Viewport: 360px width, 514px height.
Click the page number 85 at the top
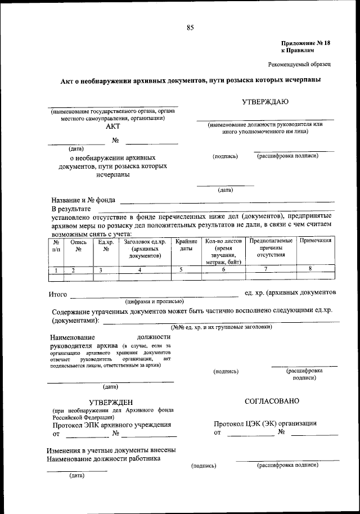(x=190, y=26)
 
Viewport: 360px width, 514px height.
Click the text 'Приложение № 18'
(x=306, y=43)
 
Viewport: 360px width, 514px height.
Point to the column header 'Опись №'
(x=79, y=245)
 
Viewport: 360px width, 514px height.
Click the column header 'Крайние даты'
(x=186, y=245)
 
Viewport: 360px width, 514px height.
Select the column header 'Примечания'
(x=315, y=241)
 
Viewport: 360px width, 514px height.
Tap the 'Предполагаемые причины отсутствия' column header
(x=271, y=247)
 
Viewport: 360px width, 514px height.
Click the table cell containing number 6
(x=223, y=269)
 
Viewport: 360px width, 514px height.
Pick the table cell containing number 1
(x=56, y=270)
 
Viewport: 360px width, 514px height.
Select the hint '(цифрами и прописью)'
(x=155, y=301)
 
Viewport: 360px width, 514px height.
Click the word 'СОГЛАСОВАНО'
(x=272, y=402)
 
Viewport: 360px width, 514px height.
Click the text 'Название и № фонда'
(x=83, y=200)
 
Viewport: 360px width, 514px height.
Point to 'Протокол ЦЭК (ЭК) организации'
(x=265, y=423)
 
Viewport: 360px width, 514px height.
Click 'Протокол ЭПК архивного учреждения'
(x=112, y=425)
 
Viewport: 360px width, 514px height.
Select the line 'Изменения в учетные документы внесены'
(x=111, y=450)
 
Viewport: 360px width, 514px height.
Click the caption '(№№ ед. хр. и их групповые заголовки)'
(x=222, y=327)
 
